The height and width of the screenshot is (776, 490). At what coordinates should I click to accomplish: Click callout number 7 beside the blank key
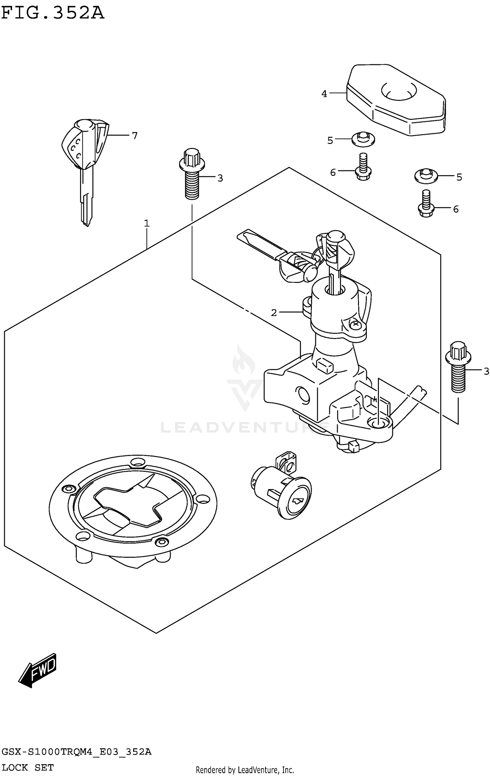point(135,135)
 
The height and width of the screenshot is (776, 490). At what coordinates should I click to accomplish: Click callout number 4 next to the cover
point(324,94)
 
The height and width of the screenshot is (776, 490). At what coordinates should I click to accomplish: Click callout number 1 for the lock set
point(147,224)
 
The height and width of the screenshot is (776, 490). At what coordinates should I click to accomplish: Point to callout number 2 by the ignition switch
point(274,313)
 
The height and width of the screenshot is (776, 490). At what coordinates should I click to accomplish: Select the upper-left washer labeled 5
point(363,139)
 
